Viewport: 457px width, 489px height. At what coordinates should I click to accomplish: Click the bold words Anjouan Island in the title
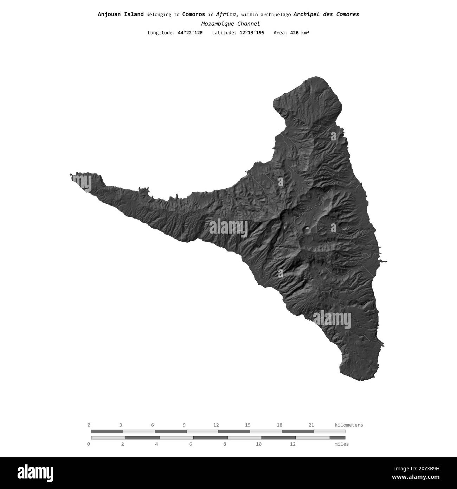[x=121, y=14]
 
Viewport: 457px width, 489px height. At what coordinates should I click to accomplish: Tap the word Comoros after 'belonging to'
[x=193, y=14]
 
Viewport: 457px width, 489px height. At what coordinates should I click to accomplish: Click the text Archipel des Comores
[x=326, y=14]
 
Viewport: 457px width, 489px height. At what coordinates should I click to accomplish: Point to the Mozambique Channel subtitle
[x=230, y=24]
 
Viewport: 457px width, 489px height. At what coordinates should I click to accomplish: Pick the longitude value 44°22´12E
[x=190, y=33]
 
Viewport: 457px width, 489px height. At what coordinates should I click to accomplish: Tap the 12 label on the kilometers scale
[x=216, y=425]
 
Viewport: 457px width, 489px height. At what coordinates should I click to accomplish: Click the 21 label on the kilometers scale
[x=311, y=425]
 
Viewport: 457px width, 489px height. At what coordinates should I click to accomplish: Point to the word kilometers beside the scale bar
[x=349, y=425]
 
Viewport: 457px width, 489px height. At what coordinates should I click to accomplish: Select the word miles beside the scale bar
[x=342, y=444]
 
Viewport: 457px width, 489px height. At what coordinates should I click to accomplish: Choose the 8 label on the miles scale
[x=225, y=444]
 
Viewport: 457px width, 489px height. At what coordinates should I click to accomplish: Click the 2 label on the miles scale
[x=123, y=444]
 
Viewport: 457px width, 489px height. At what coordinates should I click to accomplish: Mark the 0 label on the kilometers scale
[x=89, y=425]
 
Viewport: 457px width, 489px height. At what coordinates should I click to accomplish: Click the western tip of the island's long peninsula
[x=71, y=174]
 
